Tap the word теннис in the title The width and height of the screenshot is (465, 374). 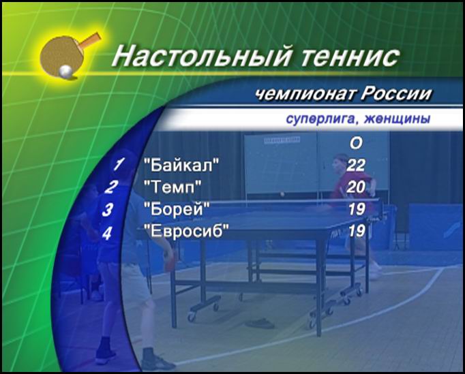[350, 57]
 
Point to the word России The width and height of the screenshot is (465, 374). [396, 93]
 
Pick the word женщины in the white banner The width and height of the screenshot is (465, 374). [397, 119]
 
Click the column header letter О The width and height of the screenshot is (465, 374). [356, 144]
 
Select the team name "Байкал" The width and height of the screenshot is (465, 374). [181, 165]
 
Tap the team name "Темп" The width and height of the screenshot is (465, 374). [172, 187]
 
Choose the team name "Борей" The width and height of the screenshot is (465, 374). [177, 209]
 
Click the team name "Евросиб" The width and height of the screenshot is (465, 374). [187, 231]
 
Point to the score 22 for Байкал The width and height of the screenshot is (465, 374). [356, 165]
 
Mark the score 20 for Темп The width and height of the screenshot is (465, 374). [356, 187]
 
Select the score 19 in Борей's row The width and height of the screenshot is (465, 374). [357, 209]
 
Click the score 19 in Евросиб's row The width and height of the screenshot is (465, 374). [357, 231]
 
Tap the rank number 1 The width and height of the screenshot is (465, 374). [119, 164]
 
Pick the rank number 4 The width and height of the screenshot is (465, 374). [107, 233]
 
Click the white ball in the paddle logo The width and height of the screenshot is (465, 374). [65, 72]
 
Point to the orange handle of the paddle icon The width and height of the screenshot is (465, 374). [90, 40]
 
